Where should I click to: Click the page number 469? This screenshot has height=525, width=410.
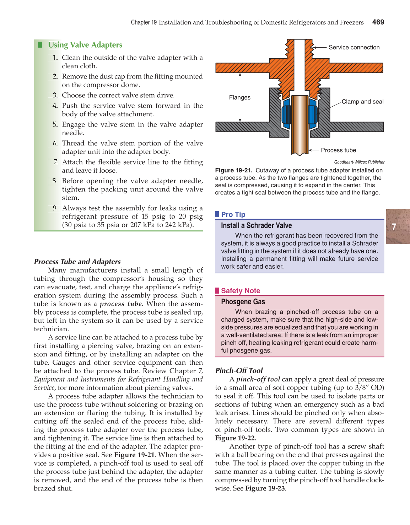(x=378, y=22)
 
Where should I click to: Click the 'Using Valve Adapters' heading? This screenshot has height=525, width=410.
(x=85, y=45)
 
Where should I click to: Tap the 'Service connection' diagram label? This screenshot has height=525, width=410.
(x=354, y=47)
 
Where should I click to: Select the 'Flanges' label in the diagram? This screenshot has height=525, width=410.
(x=239, y=97)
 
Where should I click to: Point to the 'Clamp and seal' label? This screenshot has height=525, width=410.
(x=362, y=102)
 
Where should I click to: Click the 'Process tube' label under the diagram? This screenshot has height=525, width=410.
(x=338, y=150)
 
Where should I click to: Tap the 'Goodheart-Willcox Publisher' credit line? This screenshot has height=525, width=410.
(x=359, y=162)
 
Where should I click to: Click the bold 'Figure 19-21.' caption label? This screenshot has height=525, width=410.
(x=233, y=170)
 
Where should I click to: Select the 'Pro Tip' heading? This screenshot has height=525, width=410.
(x=233, y=214)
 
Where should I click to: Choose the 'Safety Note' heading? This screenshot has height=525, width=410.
(x=241, y=291)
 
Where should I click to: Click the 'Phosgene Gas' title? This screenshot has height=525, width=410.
(x=243, y=302)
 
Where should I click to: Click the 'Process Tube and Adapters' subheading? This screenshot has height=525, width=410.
(x=77, y=262)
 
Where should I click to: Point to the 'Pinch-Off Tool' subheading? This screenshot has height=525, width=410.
(x=239, y=370)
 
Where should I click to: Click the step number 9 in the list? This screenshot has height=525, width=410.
(x=55, y=208)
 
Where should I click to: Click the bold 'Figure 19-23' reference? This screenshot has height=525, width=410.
(x=265, y=488)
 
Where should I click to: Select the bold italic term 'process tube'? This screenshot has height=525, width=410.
(x=121, y=304)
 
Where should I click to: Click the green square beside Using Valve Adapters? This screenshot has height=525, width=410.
(x=40, y=45)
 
